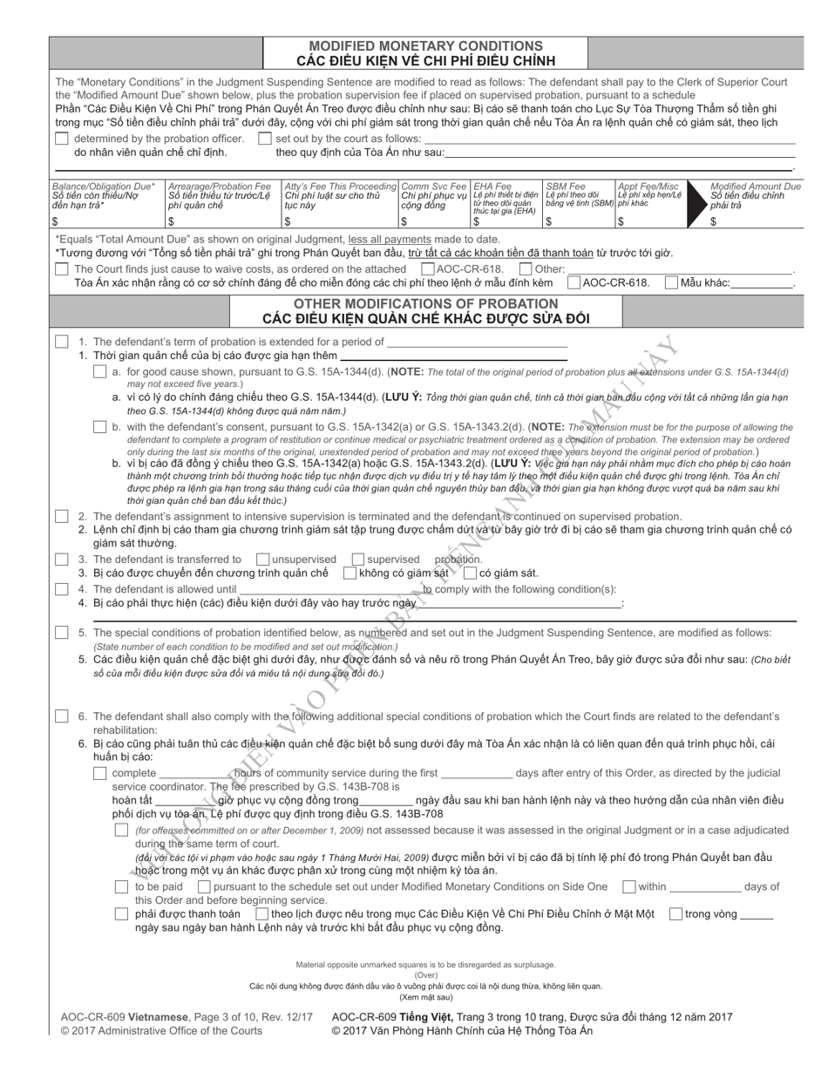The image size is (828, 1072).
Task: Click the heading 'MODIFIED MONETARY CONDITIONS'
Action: [x=425, y=45]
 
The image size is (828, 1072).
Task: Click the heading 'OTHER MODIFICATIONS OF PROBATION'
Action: [x=425, y=303]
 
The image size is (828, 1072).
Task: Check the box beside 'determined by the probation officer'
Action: [x=61, y=139]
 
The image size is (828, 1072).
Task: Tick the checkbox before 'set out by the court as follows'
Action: [x=264, y=139]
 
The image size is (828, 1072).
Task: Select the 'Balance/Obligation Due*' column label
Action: [x=104, y=187]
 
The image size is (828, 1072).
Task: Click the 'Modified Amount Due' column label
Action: [x=755, y=187]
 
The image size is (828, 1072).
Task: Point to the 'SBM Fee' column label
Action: [x=565, y=187]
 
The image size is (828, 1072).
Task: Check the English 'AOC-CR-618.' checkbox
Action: [x=427, y=269]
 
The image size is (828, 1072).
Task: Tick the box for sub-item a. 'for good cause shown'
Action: [x=100, y=372]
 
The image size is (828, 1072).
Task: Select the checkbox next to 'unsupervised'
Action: [x=262, y=560]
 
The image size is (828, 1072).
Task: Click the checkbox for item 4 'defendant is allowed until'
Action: [x=61, y=589]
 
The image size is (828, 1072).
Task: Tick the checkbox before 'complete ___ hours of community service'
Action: [x=100, y=773]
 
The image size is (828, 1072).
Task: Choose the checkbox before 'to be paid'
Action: [x=122, y=887]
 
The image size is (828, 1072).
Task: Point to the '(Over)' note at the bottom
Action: [x=425, y=975]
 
